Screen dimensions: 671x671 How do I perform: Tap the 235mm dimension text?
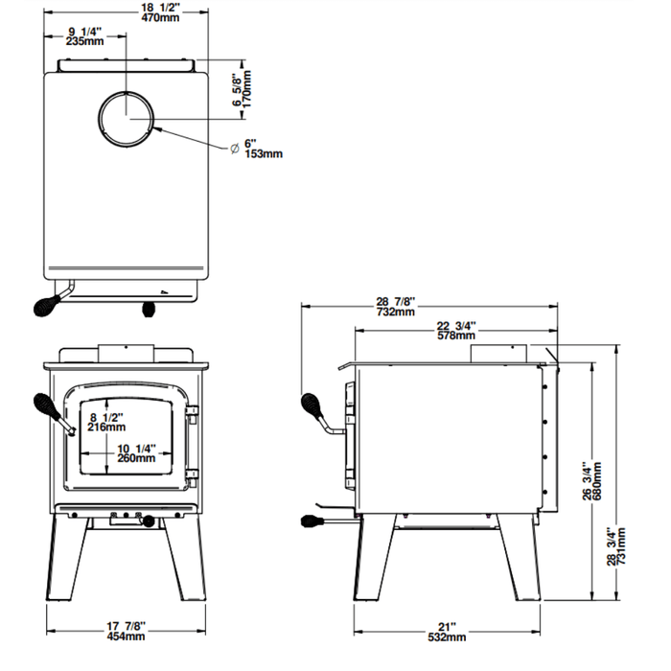pos(86,41)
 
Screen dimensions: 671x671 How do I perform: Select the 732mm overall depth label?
pos(396,312)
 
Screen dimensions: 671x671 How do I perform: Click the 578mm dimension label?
pos(456,335)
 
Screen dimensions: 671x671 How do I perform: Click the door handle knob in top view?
pos(45,306)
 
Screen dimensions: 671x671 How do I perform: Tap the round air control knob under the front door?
pos(148,521)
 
